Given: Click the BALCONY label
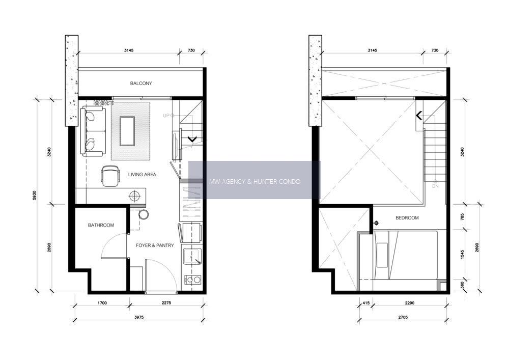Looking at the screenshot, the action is point(141,84).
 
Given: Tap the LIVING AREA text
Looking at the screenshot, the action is point(142,174).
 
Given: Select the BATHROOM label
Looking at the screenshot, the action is point(101,225).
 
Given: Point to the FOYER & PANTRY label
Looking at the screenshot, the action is point(155,245).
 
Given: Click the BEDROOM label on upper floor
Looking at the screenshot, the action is point(407,218).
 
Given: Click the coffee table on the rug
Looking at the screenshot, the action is point(127,131).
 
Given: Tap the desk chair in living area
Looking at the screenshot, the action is point(110,176).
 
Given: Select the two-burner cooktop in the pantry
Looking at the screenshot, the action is point(193,279).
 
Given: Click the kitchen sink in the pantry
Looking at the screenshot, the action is point(192,257).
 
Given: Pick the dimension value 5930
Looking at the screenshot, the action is point(35,195).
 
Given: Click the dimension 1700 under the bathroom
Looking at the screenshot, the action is point(102,303).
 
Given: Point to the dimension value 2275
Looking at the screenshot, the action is point(166,303).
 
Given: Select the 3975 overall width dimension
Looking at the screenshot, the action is point(139,317).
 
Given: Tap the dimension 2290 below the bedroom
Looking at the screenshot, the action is point(410,303).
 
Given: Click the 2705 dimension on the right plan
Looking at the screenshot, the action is point(403,317).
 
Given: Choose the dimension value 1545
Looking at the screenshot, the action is point(463,255).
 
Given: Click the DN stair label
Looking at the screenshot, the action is point(435,186).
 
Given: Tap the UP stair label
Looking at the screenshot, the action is point(166,115).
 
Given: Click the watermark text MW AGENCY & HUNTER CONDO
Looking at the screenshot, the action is point(255,181).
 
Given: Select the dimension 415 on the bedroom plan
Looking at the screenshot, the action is point(366,303).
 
